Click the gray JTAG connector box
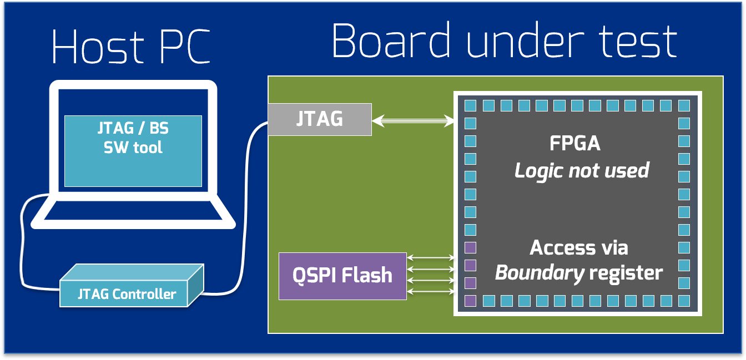coord(320,119)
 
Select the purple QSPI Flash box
coord(342,276)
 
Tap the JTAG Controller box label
coord(127,294)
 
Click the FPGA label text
coord(574,144)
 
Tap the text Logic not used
coord(581,170)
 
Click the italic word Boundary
coord(538,273)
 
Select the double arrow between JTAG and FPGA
coord(413,120)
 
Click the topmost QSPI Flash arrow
coord(431,257)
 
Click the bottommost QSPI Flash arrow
coord(431,291)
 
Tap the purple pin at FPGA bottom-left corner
coord(470,301)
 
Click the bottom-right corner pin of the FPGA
coord(684,301)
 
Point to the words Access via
coord(578,247)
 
